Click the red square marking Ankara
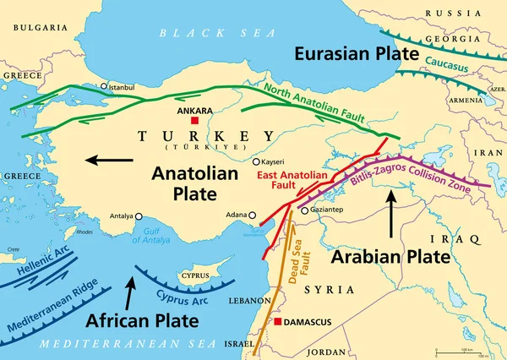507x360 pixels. click(x=194, y=121)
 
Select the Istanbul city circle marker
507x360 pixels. click(x=104, y=86)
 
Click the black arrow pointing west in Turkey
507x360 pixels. click(x=109, y=158)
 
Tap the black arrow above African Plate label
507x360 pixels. click(x=128, y=295)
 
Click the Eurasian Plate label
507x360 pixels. click(x=357, y=53)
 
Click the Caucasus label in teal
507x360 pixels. click(x=446, y=62)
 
